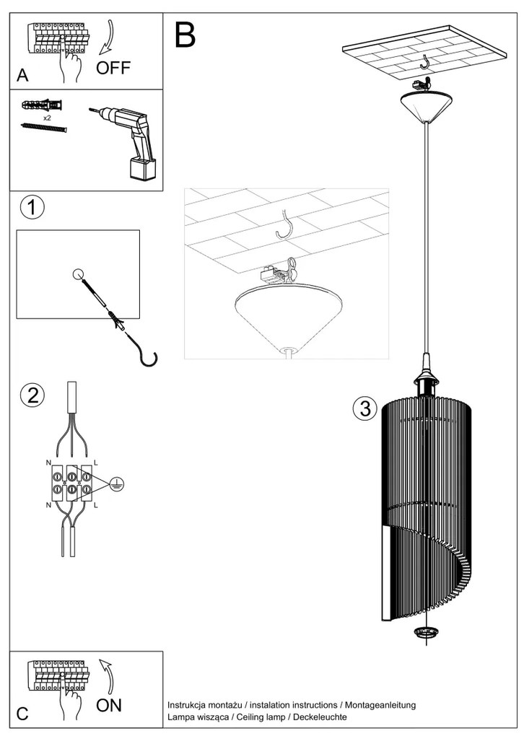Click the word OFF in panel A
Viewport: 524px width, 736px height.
click(x=115, y=69)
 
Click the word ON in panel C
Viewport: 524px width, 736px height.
click(x=110, y=705)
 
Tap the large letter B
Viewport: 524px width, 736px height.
click(x=185, y=35)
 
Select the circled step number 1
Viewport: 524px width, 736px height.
click(x=30, y=208)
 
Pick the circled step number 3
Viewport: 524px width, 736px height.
click(x=364, y=409)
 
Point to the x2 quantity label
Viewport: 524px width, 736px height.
click(x=46, y=117)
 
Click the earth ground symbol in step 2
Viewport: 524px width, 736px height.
click(x=115, y=485)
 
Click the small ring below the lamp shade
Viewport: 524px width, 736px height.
click(x=427, y=633)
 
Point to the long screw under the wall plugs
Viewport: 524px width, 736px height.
click(x=44, y=128)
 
